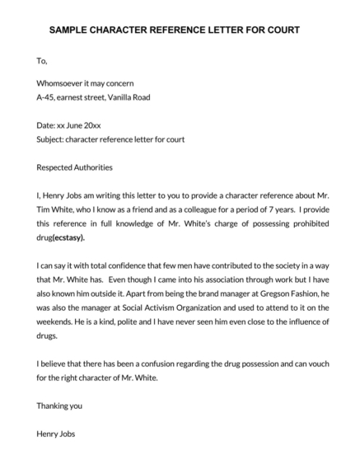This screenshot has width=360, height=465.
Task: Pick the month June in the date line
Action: coord(82,125)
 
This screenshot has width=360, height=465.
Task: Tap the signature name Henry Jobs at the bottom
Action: coord(57,434)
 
